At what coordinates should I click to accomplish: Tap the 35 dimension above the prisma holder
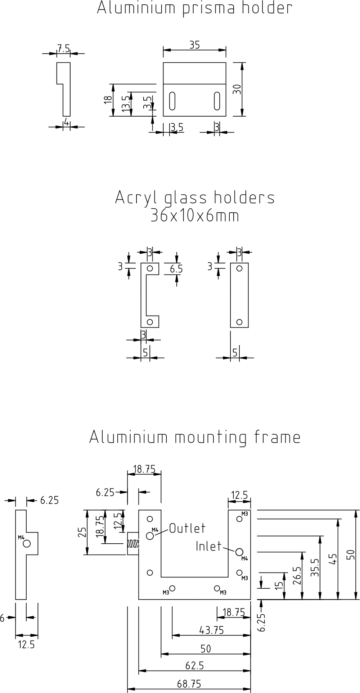click(x=194, y=45)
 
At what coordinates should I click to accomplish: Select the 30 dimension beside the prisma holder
click(x=237, y=89)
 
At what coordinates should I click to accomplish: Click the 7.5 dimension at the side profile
click(x=63, y=49)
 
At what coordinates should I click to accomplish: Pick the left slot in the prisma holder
click(x=172, y=100)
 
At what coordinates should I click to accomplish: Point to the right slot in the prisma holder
click(x=217, y=100)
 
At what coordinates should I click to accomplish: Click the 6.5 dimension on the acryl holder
click(x=176, y=269)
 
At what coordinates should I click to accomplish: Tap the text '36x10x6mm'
click(x=195, y=216)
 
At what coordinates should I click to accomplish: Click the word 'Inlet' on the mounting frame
click(x=208, y=547)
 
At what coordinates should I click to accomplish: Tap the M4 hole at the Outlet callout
click(x=150, y=536)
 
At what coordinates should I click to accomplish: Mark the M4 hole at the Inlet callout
click(x=239, y=552)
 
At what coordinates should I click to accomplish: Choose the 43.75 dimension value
click(x=211, y=630)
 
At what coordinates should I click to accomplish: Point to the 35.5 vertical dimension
click(x=315, y=568)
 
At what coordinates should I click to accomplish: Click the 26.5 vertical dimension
click(x=297, y=576)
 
